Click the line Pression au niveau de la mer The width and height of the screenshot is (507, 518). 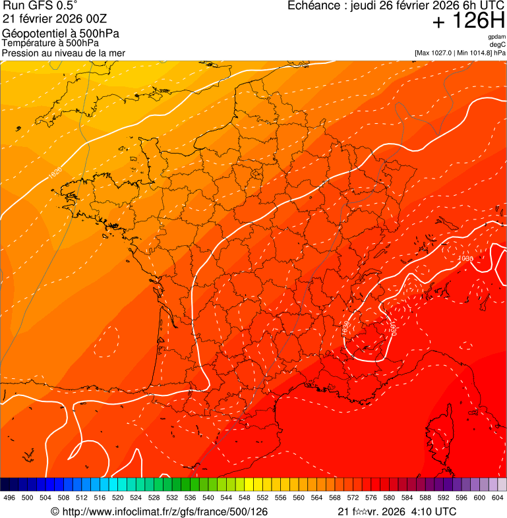[63, 53]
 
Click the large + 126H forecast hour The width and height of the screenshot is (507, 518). [468, 21]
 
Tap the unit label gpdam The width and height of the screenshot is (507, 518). [496, 37]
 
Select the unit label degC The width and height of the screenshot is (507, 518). [498, 44]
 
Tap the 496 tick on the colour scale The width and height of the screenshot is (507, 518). [9, 498]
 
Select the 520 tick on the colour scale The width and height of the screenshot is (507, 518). [118, 498]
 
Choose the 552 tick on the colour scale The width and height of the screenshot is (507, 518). [262, 498]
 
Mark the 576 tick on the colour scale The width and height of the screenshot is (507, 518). [371, 498]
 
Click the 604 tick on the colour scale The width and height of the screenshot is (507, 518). [498, 498]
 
